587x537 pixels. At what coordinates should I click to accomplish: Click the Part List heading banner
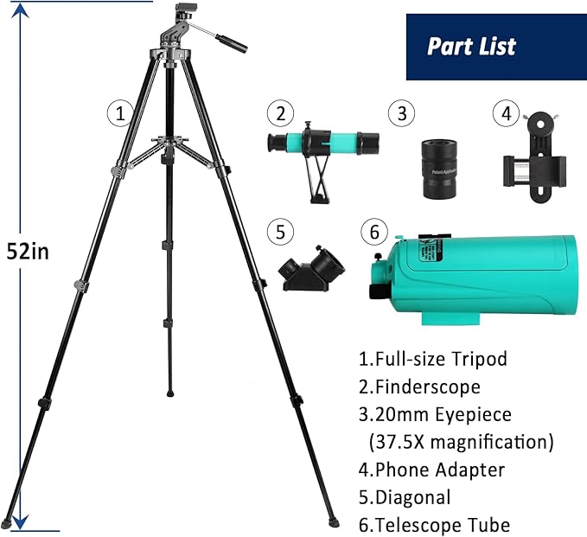tap(495, 46)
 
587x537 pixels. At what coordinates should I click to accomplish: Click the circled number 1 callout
tap(119, 112)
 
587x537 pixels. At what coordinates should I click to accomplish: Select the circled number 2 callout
tap(279, 112)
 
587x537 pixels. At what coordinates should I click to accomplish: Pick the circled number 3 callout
tap(399, 112)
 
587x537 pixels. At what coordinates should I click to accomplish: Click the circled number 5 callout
tap(279, 232)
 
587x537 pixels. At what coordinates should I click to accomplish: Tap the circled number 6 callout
tap(373, 232)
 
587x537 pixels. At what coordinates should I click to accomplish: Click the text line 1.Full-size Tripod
tap(432, 358)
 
